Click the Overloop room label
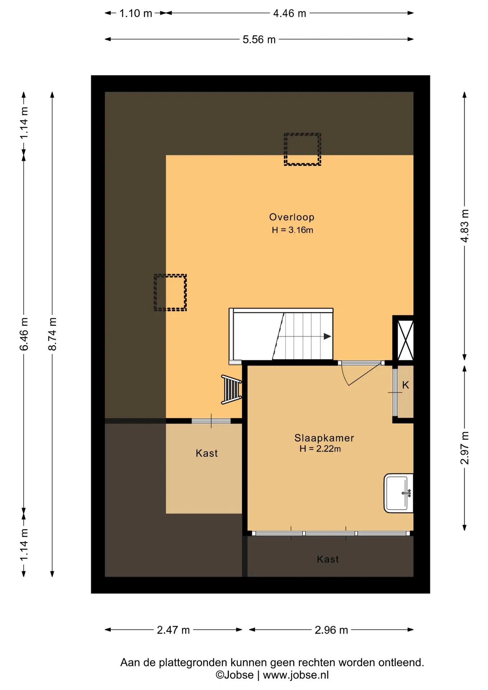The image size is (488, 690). tap(291, 217)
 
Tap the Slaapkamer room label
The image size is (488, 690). tap(324, 438)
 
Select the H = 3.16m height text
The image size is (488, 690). tap(292, 230)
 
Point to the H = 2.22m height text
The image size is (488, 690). tap(320, 448)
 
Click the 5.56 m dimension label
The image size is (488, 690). tap(259, 40)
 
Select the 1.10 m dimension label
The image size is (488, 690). tap(135, 13)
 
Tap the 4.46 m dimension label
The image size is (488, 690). tap(290, 13)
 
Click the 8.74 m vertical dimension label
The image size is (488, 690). tap(52, 334)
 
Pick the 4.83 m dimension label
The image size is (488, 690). tap(465, 226)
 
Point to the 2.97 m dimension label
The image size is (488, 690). tap(465, 448)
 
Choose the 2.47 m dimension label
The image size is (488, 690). tap(173, 630)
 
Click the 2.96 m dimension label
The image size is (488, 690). tap(331, 630)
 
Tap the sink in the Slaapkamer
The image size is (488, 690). tap(399, 493)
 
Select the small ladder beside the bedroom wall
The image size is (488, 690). tap(231, 389)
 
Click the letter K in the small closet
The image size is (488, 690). tap(406, 385)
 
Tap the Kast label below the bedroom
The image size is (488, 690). tap(328, 559)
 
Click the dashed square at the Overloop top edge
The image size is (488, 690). tap(303, 149)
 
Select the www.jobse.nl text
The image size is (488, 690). tap(296, 675)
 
